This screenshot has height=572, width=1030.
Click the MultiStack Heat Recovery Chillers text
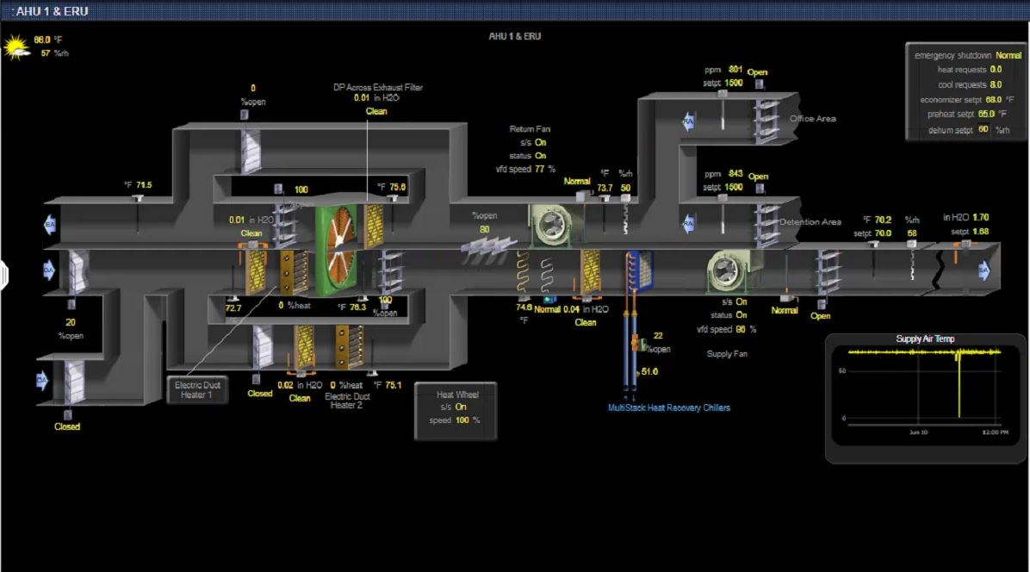point(669,407)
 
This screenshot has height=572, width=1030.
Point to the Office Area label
point(812,119)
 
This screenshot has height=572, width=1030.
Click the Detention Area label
point(810,222)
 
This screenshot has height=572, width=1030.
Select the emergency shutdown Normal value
point(1008,55)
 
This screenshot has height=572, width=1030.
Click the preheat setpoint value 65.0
point(986,114)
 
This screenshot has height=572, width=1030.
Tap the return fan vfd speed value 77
point(540,169)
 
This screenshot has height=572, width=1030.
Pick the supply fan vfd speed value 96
point(741,329)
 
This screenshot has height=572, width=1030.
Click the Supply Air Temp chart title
point(925,339)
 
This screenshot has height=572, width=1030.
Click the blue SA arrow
point(983,271)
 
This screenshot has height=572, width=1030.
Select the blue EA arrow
point(50,226)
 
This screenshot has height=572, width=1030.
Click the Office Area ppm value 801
point(735,69)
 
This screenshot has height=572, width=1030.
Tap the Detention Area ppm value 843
point(735,174)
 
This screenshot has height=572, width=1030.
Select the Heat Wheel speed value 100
point(462,420)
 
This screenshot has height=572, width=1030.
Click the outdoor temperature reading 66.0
point(42,40)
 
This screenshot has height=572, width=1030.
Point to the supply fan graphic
point(728,270)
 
